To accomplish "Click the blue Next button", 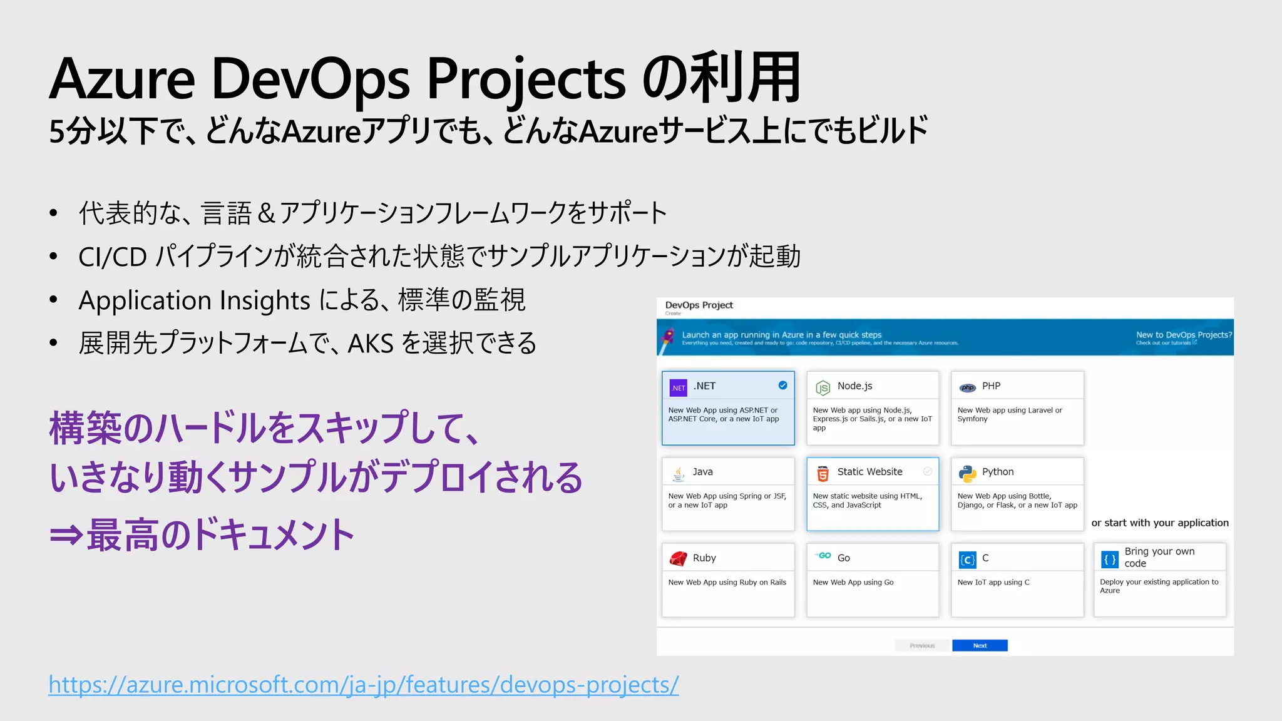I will pyautogui.click(x=980, y=645).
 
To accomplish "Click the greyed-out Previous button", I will pyautogui.click(x=922, y=645).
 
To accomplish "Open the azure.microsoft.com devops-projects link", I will pyautogui.click(x=363, y=685).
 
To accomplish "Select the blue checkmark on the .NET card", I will pyautogui.click(x=782, y=386).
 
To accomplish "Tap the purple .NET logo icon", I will pyautogui.click(x=678, y=387).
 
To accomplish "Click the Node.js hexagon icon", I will pyautogui.click(x=823, y=388).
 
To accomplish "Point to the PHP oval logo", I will pyautogui.click(x=967, y=388).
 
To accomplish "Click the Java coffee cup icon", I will pyautogui.click(x=679, y=474).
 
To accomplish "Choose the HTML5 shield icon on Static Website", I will pyautogui.click(x=823, y=474).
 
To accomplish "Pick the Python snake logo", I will pyautogui.click(x=967, y=474).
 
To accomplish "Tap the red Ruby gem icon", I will pyautogui.click(x=679, y=558).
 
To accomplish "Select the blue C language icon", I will pyautogui.click(x=967, y=560).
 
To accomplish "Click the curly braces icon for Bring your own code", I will pyautogui.click(x=1110, y=560).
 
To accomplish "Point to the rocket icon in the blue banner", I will pyautogui.click(x=669, y=337).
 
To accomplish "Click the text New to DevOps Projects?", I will pyautogui.click(x=1183, y=335).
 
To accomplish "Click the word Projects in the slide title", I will pyautogui.click(x=526, y=79).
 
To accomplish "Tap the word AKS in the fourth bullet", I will pyautogui.click(x=371, y=343).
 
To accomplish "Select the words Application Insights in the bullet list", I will pyautogui.click(x=194, y=300).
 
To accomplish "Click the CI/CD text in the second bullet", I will pyautogui.click(x=113, y=257).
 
